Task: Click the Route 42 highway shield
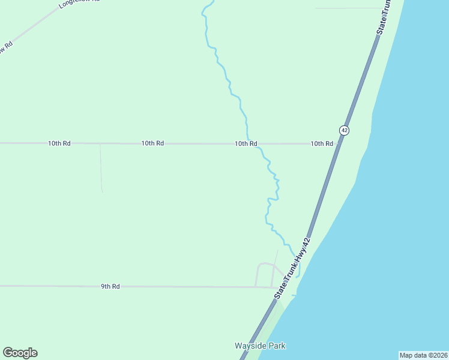343,130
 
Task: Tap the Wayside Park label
260,346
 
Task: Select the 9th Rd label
110,287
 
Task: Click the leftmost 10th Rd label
59,143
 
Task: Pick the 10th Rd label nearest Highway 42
322,143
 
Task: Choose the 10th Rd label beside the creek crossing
246,143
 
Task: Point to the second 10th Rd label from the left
152,143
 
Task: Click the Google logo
20,353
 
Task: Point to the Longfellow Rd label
78,4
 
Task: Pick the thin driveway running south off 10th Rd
101,168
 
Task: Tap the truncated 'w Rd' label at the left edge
6,47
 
